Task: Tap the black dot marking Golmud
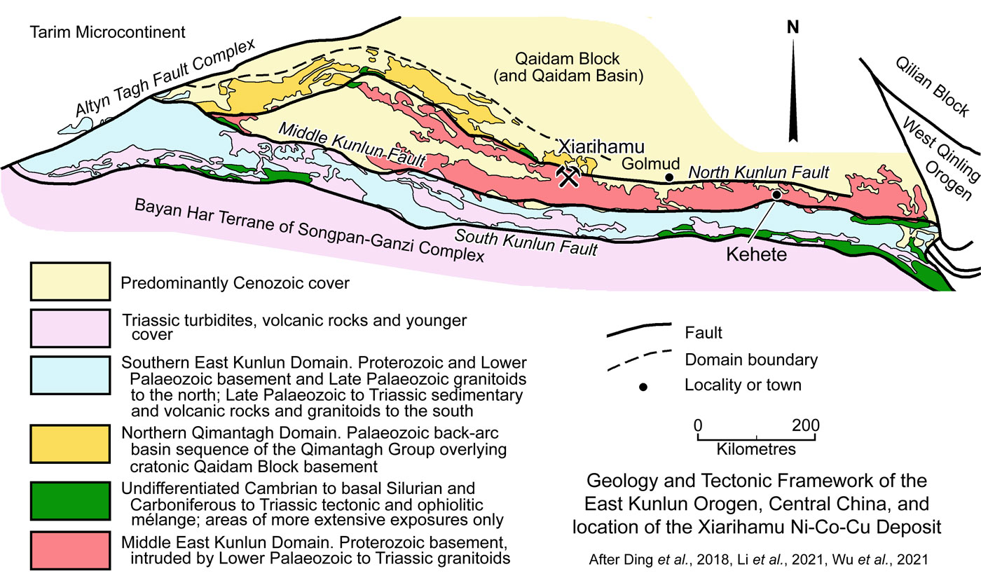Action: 669,177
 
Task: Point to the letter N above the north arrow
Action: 793,28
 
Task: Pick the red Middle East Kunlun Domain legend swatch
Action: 69,551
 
